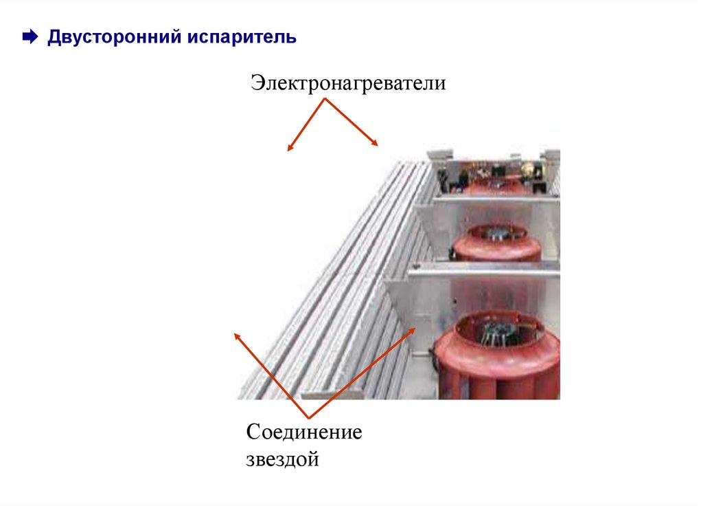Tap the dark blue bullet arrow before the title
tap(30, 37)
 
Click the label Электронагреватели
tap(348, 84)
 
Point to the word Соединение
tap(304, 433)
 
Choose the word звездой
tap(283, 459)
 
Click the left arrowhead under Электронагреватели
tap(290, 148)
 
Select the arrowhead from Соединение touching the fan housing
tap(413, 329)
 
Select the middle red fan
tap(497, 242)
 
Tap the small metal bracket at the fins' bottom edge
tap(332, 394)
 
